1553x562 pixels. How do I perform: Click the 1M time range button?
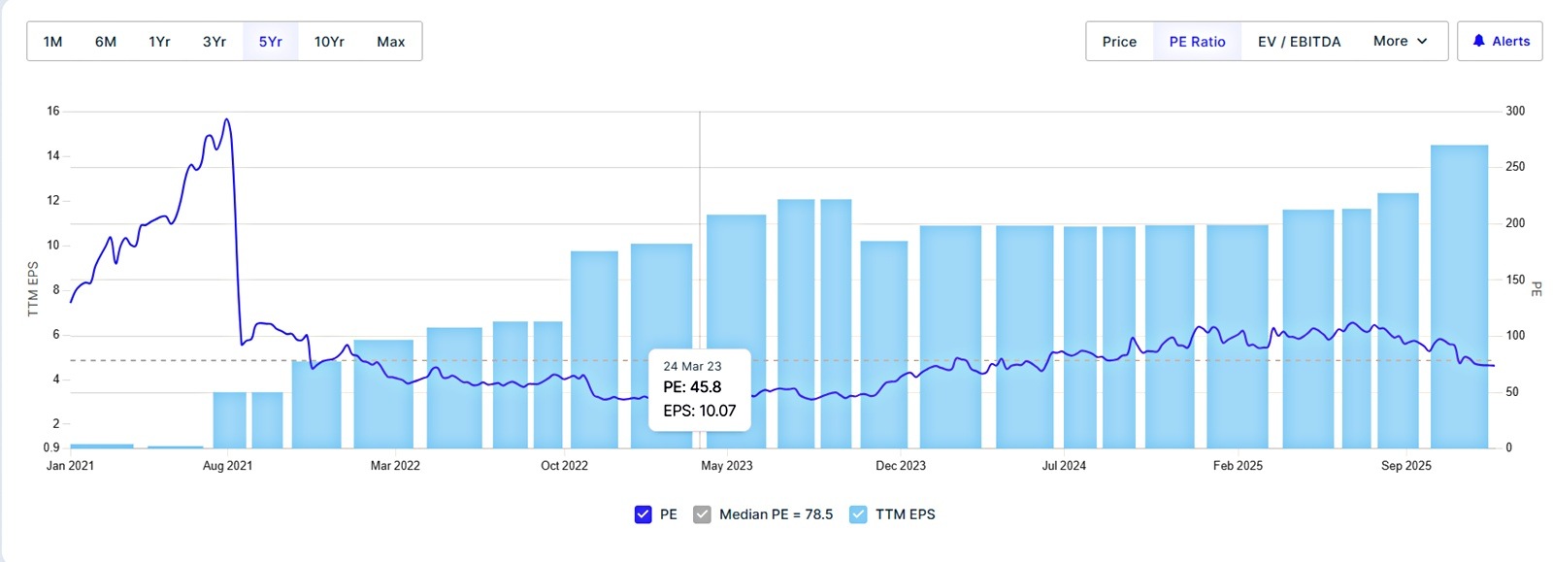(x=52, y=42)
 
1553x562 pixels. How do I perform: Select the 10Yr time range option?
(x=329, y=42)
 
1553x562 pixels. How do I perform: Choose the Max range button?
(x=390, y=42)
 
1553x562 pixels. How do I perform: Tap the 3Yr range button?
(x=215, y=42)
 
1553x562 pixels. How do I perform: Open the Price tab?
(x=1119, y=42)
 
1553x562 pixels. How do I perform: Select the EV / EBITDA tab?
(x=1299, y=42)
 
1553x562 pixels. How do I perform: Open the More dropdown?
(x=1400, y=42)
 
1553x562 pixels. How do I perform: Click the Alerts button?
(x=1500, y=42)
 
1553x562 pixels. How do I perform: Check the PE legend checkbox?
(x=643, y=514)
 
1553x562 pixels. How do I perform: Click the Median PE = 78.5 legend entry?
(x=776, y=514)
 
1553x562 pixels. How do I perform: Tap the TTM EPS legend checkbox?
(x=858, y=514)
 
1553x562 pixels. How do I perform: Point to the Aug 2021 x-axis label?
(x=227, y=466)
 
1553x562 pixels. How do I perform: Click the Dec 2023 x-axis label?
(x=901, y=466)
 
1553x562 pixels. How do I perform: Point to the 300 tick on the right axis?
(x=1514, y=112)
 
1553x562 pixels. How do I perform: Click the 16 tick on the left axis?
(x=53, y=112)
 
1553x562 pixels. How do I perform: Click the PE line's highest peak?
(x=226, y=120)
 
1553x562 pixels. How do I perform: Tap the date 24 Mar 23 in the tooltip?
(x=692, y=366)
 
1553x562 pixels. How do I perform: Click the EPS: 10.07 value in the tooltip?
(x=699, y=411)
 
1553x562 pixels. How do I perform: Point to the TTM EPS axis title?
(x=33, y=288)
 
